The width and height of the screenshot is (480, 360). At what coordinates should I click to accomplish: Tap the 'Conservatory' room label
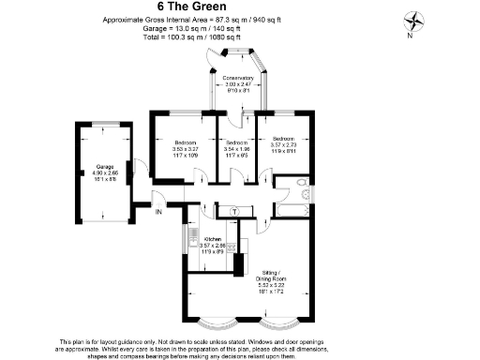(x=238, y=78)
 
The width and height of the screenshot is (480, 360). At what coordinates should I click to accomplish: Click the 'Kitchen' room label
(x=213, y=238)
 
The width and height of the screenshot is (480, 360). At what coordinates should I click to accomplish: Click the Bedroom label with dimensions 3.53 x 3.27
(x=185, y=142)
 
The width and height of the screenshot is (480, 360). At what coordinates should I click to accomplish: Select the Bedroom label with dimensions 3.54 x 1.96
(x=236, y=142)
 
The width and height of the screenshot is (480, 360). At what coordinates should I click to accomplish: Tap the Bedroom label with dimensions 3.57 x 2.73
(x=283, y=138)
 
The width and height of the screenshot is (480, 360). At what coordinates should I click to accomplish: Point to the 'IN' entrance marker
(x=158, y=213)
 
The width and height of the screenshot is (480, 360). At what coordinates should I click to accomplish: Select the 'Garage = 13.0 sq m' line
(x=178, y=27)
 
